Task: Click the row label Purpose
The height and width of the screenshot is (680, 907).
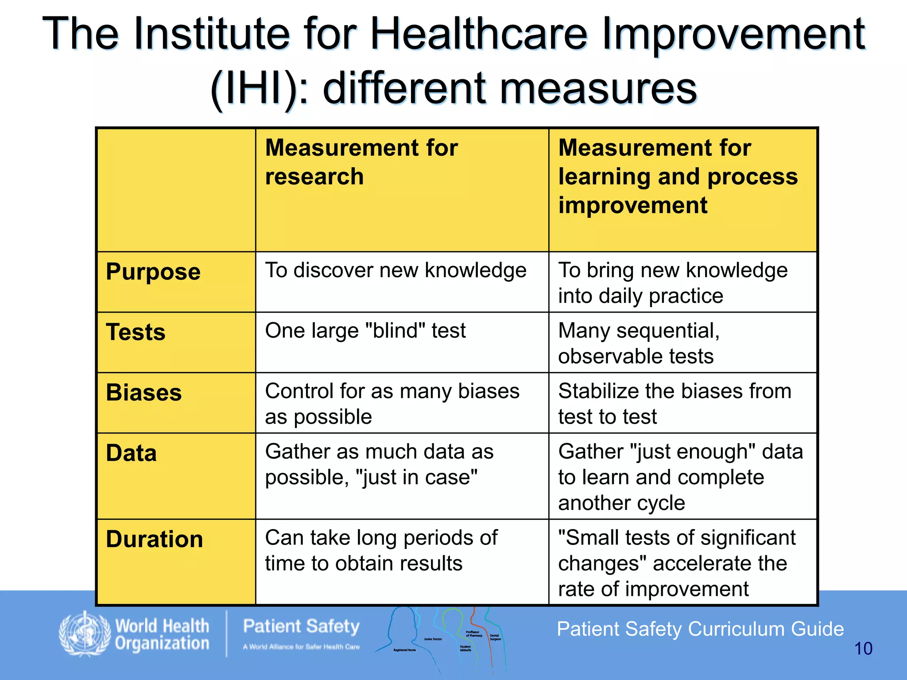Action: click(153, 272)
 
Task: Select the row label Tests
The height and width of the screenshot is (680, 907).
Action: click(136, 332)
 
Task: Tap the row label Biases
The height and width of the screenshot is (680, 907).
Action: click(144, 393)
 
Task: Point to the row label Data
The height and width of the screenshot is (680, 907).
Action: click(132, 453)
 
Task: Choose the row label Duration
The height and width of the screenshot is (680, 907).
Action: click(155, 539)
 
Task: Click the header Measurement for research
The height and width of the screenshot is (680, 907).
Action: click(361, 162)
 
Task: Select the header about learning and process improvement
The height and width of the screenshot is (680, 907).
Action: click(678, 176)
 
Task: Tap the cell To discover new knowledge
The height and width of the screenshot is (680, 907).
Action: click(395, 270)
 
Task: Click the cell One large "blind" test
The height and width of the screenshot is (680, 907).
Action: click(365, 331)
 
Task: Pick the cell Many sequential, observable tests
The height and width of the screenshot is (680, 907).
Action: click(639, 343)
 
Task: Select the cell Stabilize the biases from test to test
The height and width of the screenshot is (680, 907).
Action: click(674, 404)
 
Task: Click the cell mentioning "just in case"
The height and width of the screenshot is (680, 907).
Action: click(379, 464)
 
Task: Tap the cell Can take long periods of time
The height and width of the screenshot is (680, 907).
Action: click(381, 550)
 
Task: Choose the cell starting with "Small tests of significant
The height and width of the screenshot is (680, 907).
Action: click(677, 563)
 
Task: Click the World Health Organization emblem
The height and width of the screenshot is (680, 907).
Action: click(84, 634)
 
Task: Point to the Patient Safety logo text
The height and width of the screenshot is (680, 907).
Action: click(302, 627)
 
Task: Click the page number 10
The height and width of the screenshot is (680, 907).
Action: click(863, 649)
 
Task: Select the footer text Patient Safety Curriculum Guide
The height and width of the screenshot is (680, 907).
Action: click(700, 629)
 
